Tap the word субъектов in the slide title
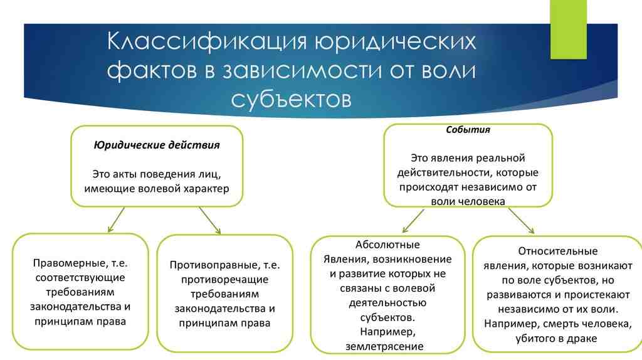click(x=291, y=98)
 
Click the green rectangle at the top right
click(x=568, y=29)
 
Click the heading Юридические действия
click(x=157, y=145)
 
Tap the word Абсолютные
click(x=387, y=245)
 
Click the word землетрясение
click(x=384, y=346)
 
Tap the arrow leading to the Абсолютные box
click(x=414, y=221)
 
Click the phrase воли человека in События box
click(x=468, y=201)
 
